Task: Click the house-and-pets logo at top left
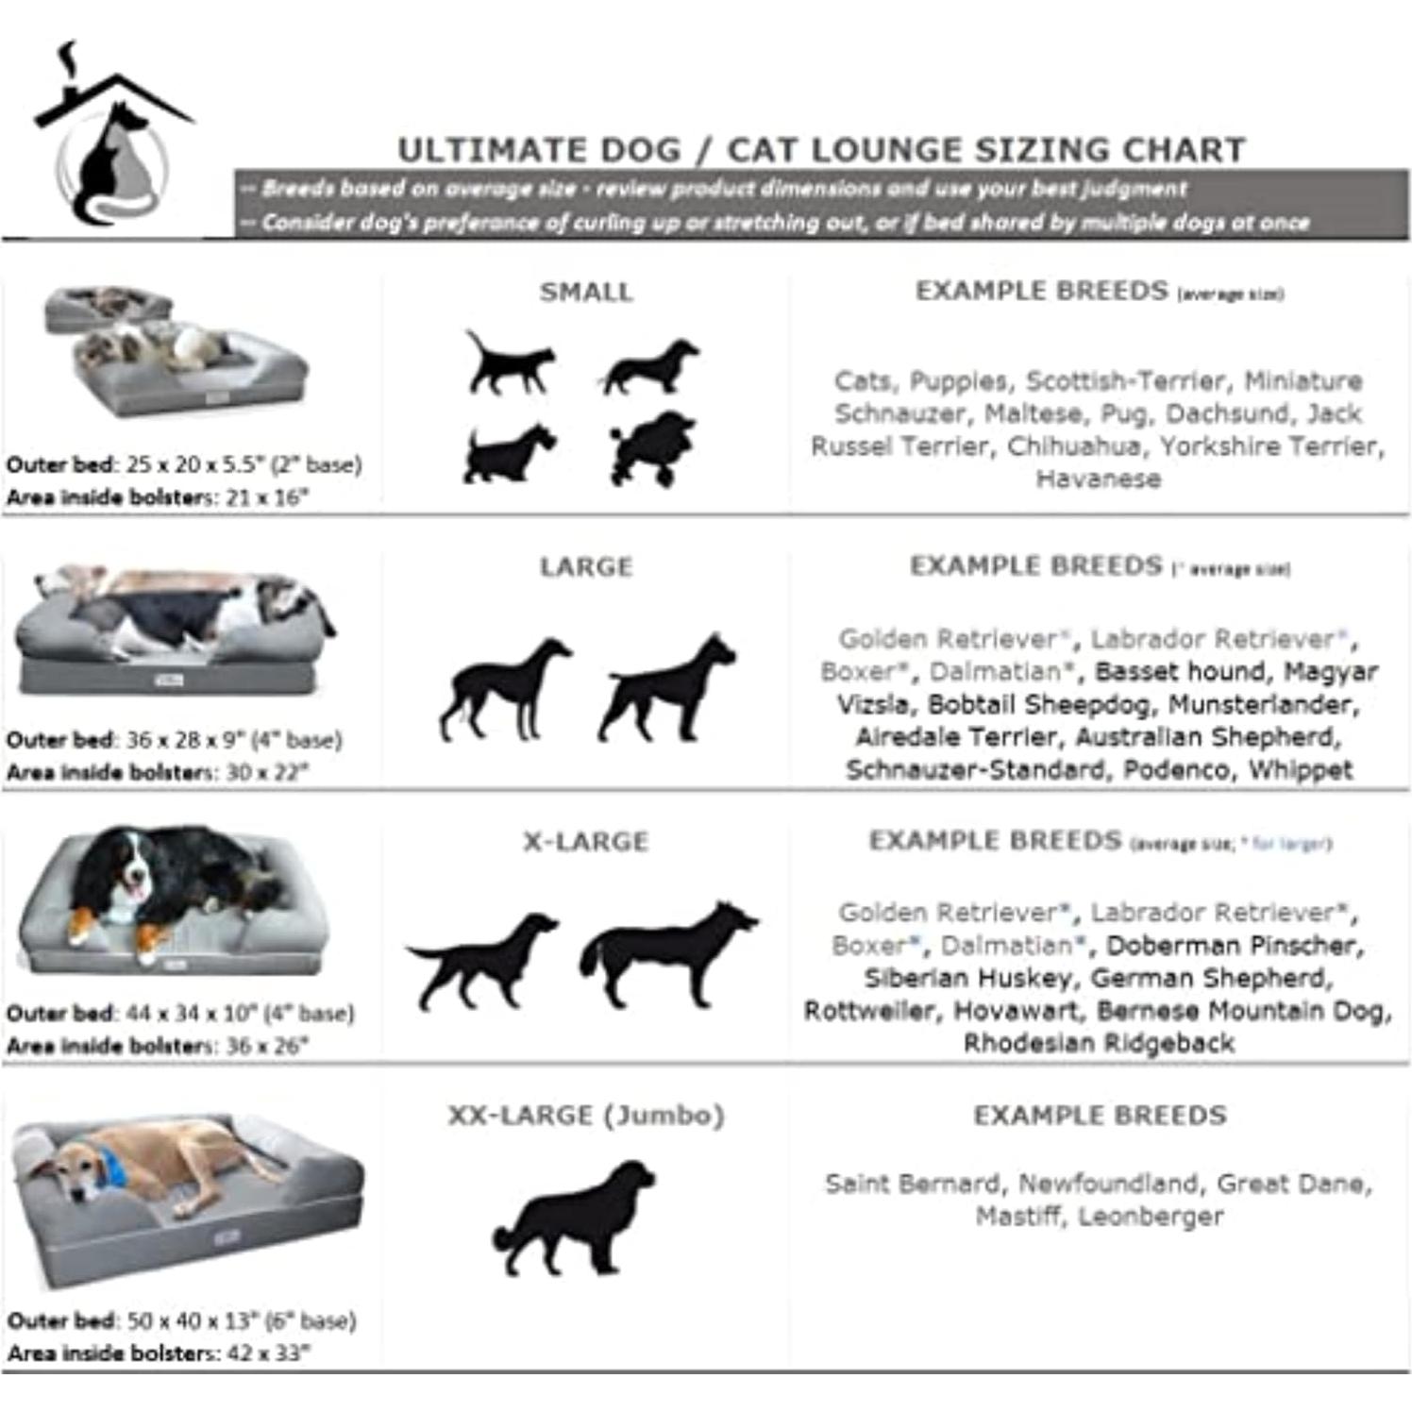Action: [111, 137]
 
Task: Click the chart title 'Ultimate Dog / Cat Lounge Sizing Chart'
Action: [821, 150]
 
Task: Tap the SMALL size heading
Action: [585, 292]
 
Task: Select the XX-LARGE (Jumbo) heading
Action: [585, 1116]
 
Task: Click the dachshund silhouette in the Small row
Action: [649, 366]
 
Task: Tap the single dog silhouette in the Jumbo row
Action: [575, 1218]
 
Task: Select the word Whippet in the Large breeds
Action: [1301, 769]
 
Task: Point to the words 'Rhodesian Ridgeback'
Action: [1099, 1043]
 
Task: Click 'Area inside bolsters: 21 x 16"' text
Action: [158, 497]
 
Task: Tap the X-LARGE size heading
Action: [585, 842]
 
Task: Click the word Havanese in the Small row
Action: [1099, 479]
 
